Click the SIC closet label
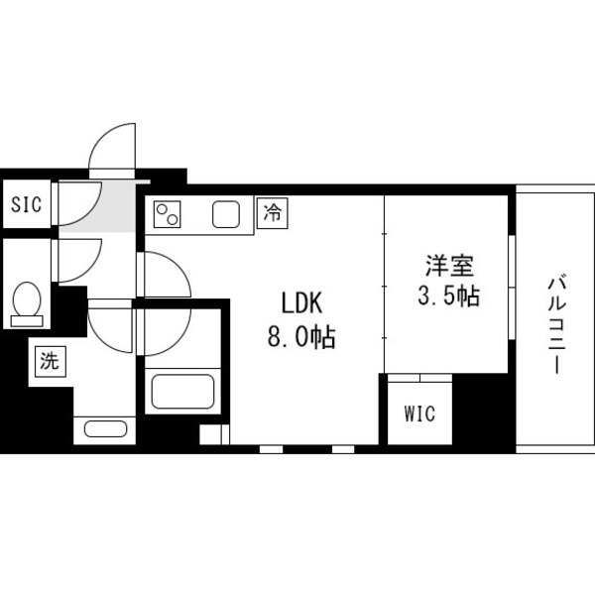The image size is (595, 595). tap(26, 204)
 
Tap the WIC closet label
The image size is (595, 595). tap(419, 414)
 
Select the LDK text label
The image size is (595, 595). tap(302, 302)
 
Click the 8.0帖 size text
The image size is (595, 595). tap(302, 337)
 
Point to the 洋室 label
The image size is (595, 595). tap(449, 266)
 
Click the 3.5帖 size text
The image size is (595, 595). tap(449, 295)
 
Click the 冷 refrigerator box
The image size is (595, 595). tap(273, 212)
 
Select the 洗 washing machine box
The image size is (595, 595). tap(51, 362)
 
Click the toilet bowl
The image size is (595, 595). tap(27, 299)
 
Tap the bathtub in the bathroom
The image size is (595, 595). tap(182, 392)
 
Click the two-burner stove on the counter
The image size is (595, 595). tap(167, 214)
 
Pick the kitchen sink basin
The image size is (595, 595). tap(226, 214)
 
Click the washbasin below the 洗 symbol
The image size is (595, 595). tap(105, 428)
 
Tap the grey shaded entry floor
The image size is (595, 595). tap(99, 207)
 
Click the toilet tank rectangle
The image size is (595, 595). tap(27, 321)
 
